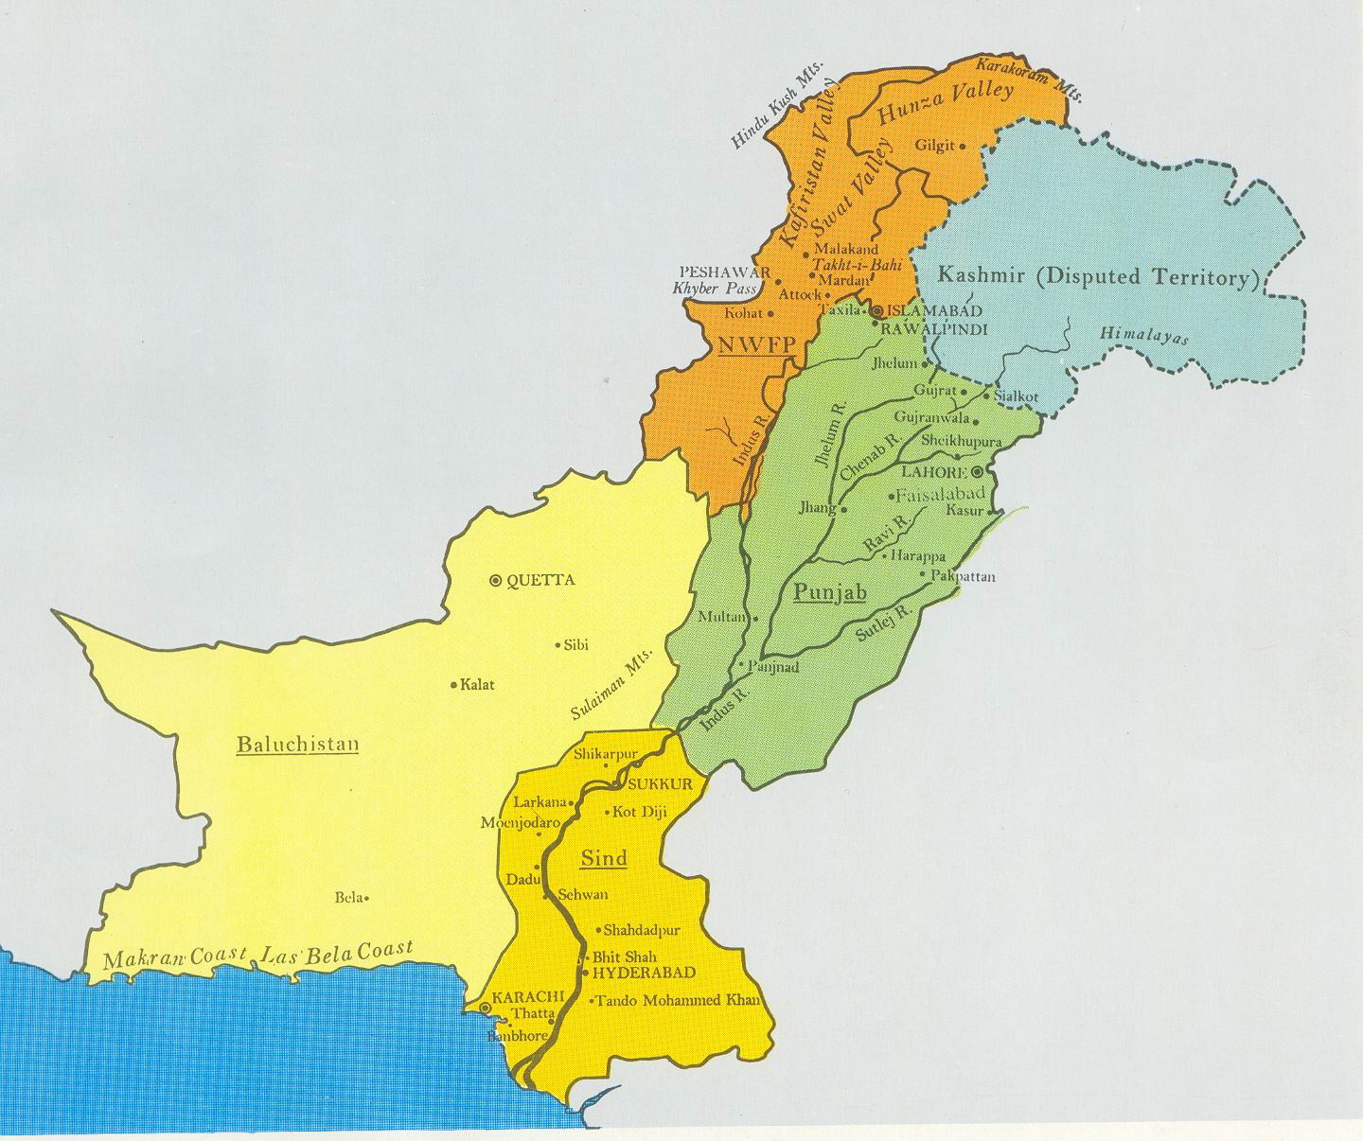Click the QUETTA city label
(541, 580)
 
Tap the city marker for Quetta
(495, 580)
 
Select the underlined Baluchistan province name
(297, 744)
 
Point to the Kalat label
(477, 684)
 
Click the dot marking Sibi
(557, 644)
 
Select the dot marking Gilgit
(963, 147)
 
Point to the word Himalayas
(1144, 338)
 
